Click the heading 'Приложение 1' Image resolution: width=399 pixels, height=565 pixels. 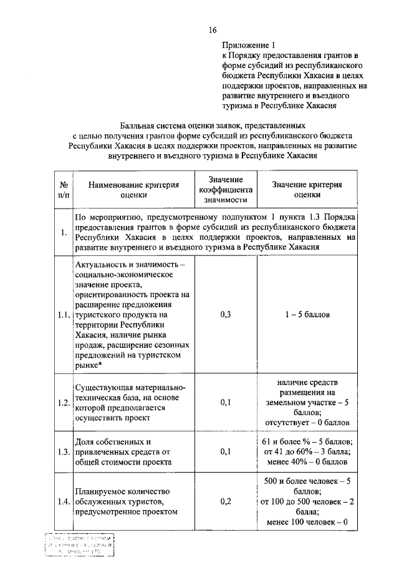(248, 46)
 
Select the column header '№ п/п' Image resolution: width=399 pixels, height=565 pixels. (64, 190)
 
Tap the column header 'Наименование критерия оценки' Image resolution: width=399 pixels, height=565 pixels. (133, 190)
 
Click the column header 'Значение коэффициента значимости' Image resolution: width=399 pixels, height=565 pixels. (226, 190)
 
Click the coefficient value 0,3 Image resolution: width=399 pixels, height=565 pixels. (226, 315)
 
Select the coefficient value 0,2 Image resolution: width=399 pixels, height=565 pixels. (226, 501)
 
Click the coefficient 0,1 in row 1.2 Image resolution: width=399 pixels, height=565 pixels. (226, 403)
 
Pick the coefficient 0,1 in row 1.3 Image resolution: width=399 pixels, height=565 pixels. (226, 451)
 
